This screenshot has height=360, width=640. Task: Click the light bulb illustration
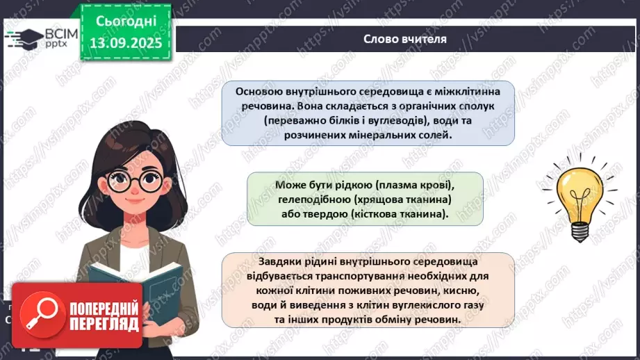[x=576, y=198]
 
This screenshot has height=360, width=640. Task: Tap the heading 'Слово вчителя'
[x=404, y=39]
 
